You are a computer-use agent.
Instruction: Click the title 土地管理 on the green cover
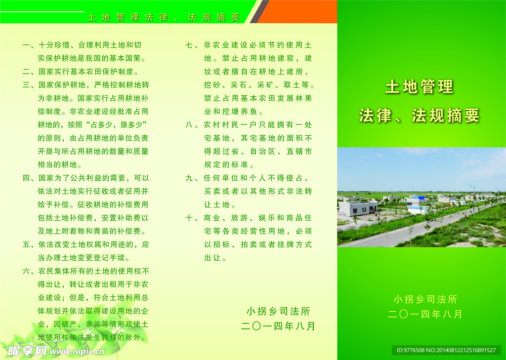(419, 87)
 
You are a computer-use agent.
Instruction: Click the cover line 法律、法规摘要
(419, 116)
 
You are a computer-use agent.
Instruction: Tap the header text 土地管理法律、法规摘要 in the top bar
(164, 17)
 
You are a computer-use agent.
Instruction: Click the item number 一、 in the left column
(29, 45)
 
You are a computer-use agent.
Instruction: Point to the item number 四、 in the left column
(29, 178)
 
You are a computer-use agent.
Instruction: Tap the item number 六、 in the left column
(29, 271)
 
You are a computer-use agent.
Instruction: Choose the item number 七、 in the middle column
(192, 45)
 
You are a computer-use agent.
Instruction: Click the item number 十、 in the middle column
(192, 218)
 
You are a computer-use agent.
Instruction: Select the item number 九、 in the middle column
(192, 178)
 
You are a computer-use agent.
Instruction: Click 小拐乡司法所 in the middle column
(278, 311)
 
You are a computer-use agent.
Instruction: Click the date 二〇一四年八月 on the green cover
(425, 314)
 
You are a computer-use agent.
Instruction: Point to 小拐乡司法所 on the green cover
(425, 299)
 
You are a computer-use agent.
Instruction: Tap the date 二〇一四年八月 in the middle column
(278, 326)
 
